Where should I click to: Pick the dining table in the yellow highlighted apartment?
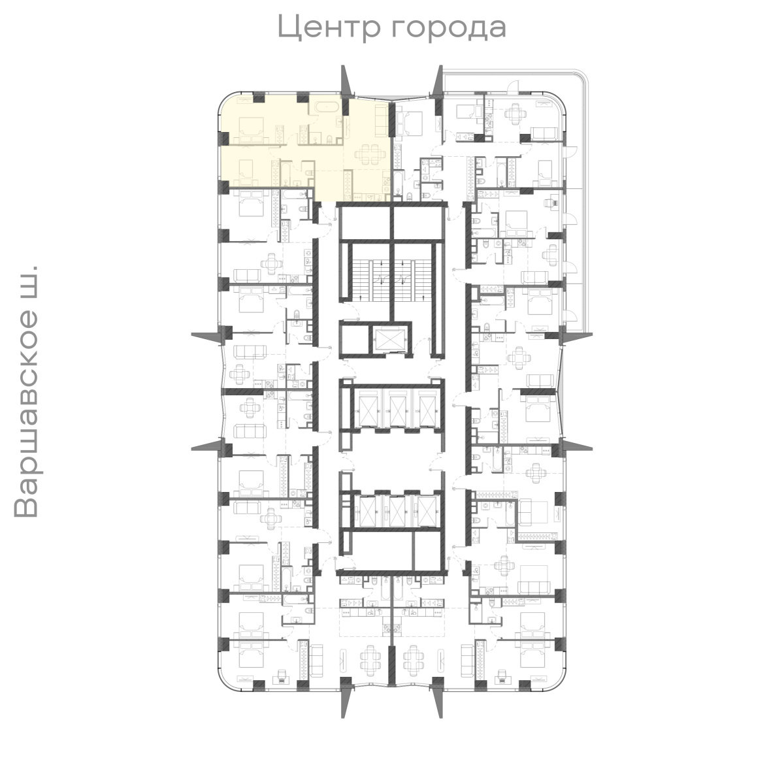[369, 155]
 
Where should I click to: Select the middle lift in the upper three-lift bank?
[395, 408]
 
